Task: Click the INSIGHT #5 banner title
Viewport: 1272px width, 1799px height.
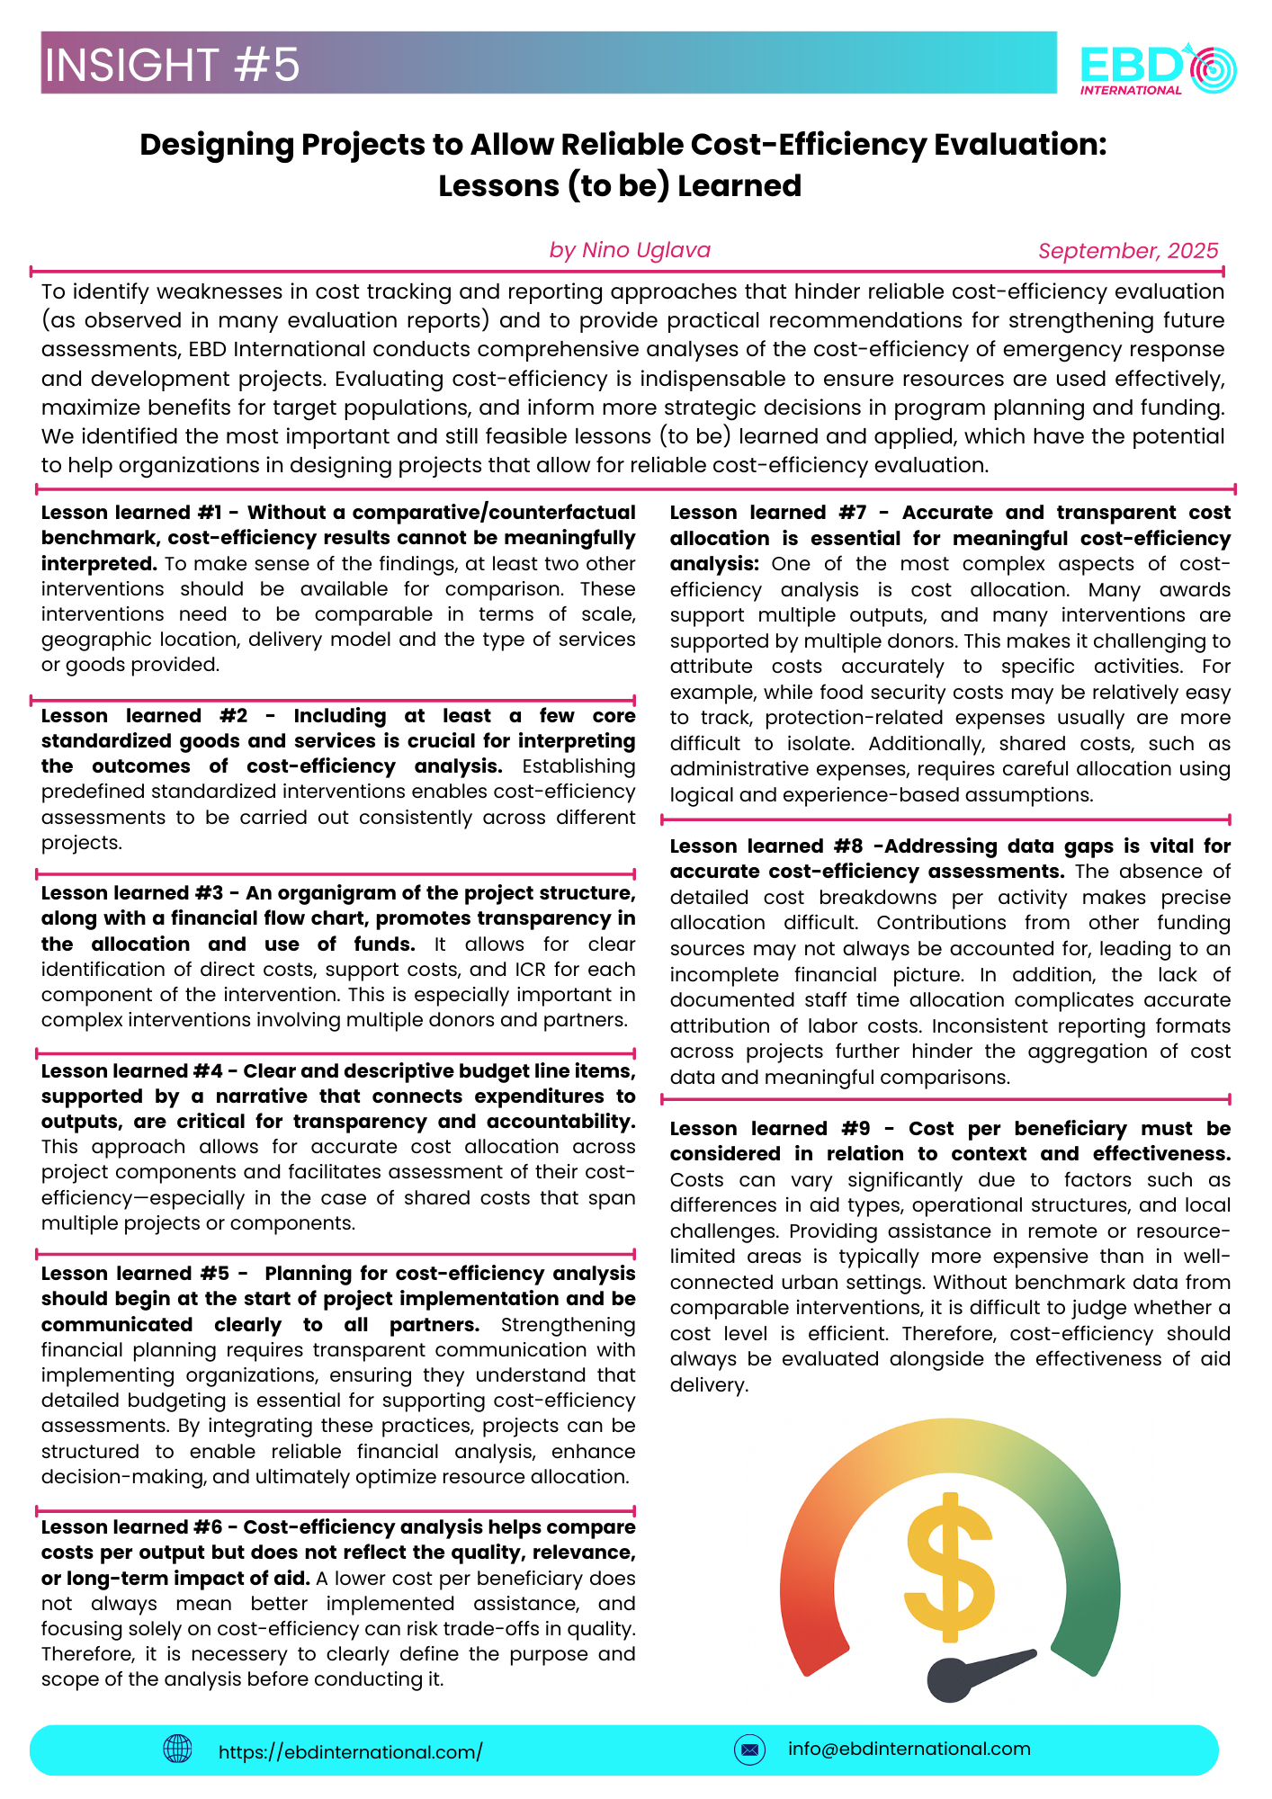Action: [172, 65]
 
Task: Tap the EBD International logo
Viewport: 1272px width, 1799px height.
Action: [1158, 67]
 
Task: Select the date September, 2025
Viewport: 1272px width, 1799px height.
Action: [1128, 251]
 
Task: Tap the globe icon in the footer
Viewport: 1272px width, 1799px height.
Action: [177, 1749]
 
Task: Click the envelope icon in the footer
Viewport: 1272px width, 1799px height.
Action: [749, 1750]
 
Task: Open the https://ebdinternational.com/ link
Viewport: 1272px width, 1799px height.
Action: [350, 1751]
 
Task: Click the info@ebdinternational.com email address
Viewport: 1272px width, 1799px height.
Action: [909, 1749]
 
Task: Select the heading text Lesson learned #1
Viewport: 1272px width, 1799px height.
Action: [131, 513]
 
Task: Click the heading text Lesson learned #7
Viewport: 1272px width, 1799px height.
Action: [766, 513]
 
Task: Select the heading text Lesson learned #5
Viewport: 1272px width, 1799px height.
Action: [135, 1274]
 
